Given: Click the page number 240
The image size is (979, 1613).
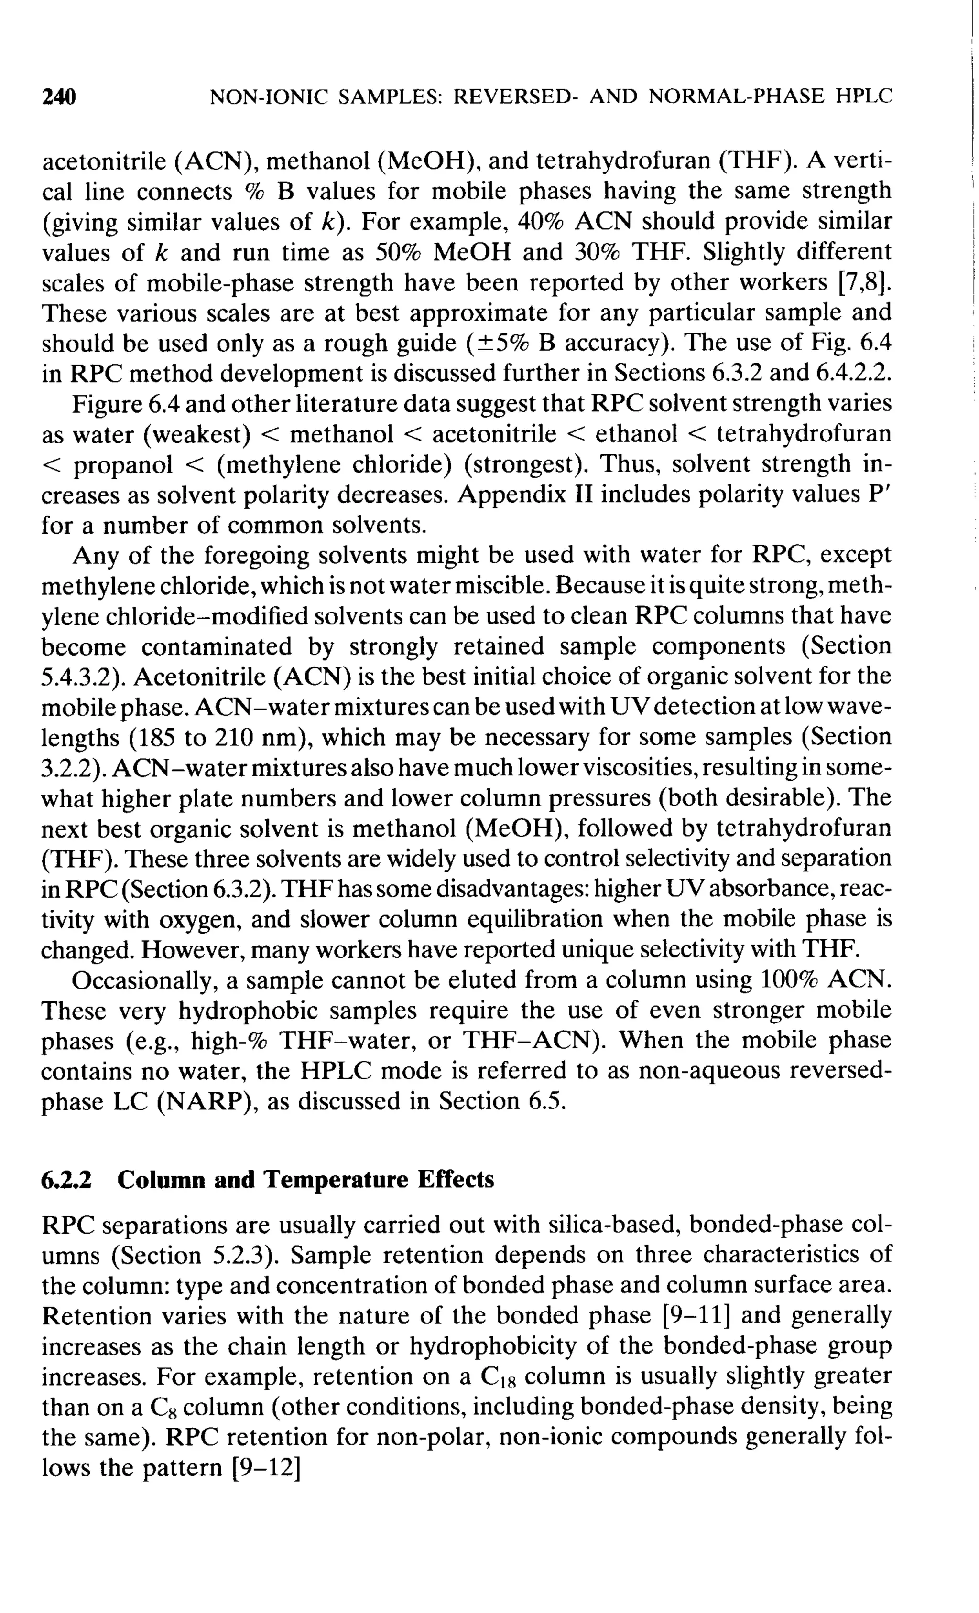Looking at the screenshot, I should tap(59, 97).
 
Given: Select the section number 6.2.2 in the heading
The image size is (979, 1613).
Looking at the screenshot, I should tap(66, 1180).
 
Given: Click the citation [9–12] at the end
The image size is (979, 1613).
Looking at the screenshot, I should tap(266, 1468).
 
